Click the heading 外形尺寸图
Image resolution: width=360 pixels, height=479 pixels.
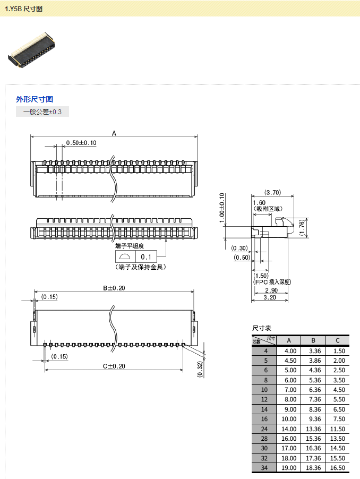coord(35,99)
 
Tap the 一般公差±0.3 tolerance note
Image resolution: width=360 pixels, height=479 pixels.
coord(42,112)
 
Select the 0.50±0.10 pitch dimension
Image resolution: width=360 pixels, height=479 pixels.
coord(81,143)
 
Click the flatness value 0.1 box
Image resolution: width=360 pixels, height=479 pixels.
coord(145,257)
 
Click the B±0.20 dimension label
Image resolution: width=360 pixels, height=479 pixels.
coord(114,288)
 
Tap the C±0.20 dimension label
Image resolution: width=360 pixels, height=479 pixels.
coord(114,366)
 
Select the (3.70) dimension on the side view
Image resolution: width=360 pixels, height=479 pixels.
coord(272,192)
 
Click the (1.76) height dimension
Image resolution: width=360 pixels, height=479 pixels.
coord(302,227)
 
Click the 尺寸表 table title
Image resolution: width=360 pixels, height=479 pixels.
coord(261,328)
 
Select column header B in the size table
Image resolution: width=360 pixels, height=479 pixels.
coord(314,340)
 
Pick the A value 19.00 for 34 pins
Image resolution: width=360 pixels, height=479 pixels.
coord(290,468)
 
